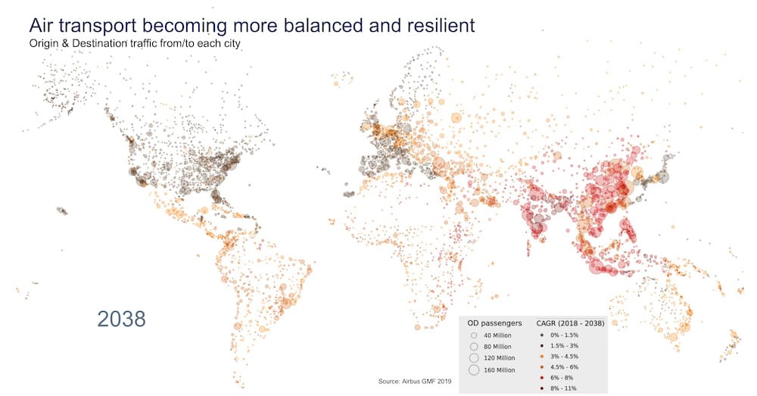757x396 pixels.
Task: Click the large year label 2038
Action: tap(121, 319)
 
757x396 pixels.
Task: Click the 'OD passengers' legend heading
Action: tap(495, 323)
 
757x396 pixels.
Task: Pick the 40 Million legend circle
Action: tap(473, 335)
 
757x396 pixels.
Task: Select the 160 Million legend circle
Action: tap(474, 369)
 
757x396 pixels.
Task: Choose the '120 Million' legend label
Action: tap(500, 357)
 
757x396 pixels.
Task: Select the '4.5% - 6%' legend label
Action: tap(565, 366)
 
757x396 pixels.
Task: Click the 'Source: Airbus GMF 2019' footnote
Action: tap(414, 381)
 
